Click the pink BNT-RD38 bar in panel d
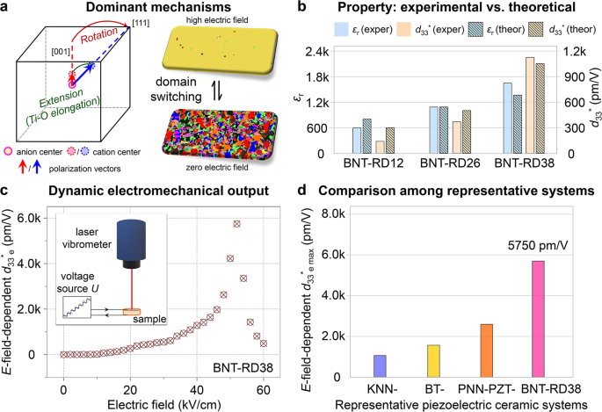538,319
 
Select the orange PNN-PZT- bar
487,351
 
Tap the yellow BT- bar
433,361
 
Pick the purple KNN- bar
380,366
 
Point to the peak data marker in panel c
237,224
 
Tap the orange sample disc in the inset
132,312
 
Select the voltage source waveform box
76,307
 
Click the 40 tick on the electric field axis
197,391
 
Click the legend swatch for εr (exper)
341,30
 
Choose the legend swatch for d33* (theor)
536,30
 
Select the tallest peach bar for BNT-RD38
530,105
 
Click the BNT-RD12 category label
374,163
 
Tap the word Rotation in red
99,36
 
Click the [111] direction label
141,23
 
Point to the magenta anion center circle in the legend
8,152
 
